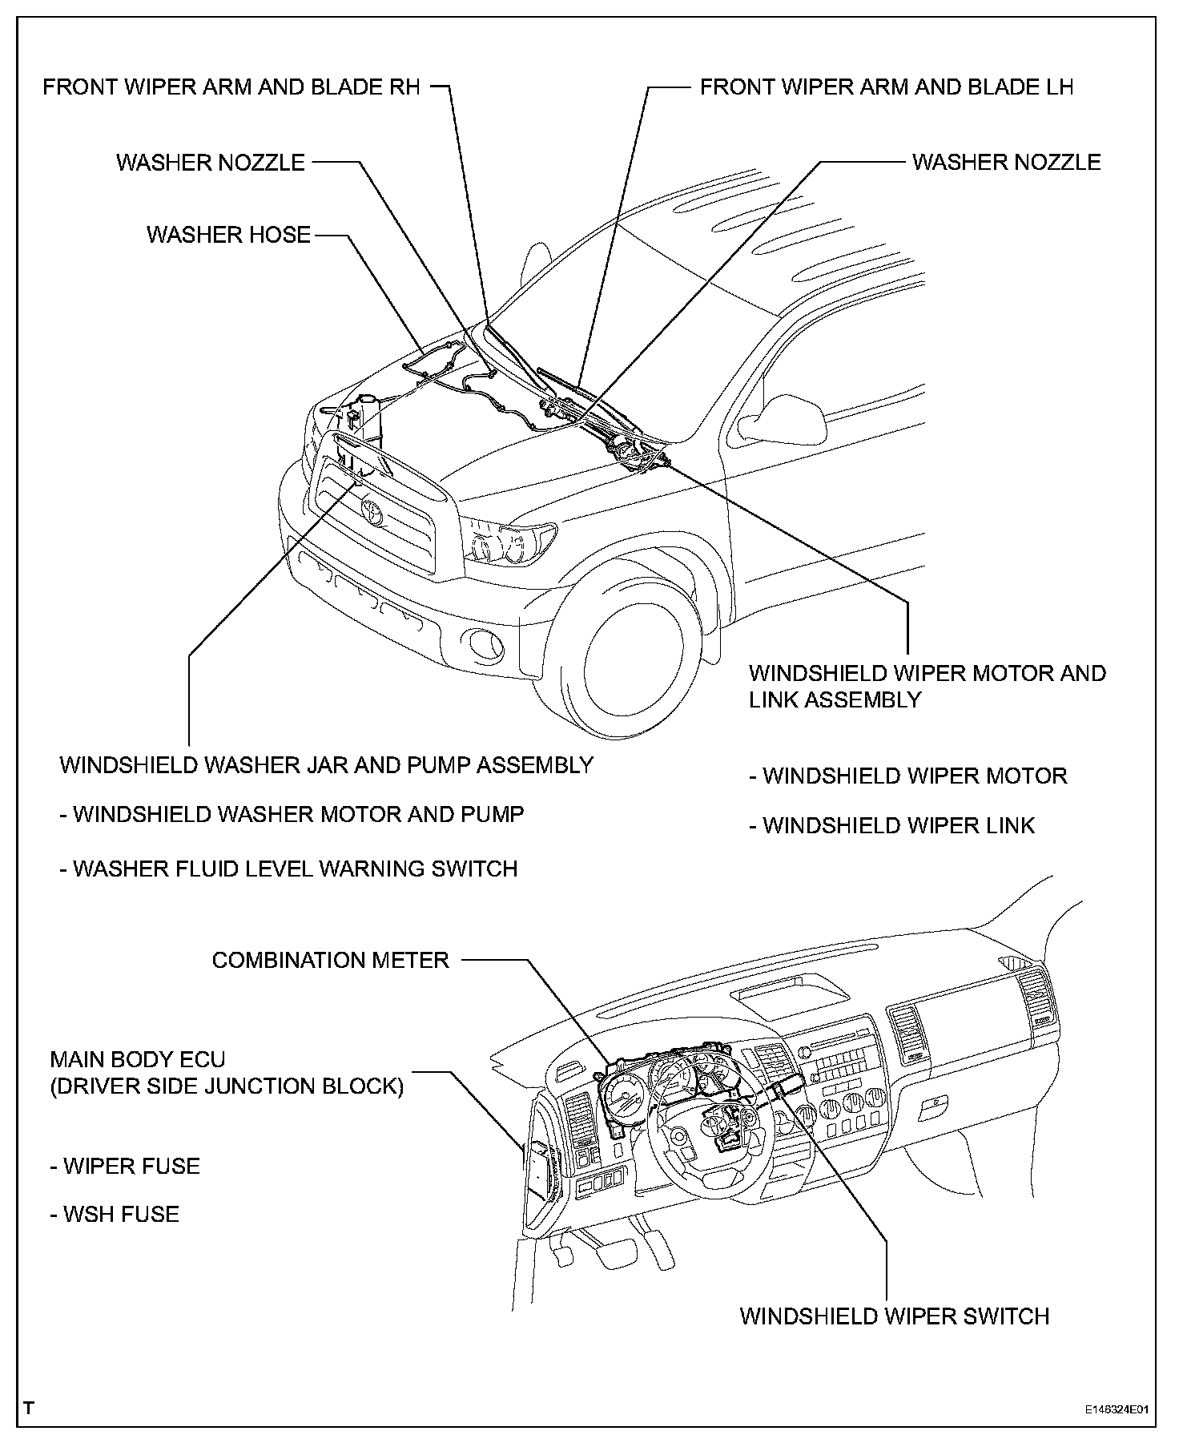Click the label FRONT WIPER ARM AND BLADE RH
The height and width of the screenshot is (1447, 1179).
click(231, 87)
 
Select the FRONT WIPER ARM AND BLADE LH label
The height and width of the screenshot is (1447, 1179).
click(887, 87)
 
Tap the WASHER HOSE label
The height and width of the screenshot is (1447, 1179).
click(228, 235)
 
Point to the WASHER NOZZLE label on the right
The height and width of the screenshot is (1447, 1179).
click(1006, 162)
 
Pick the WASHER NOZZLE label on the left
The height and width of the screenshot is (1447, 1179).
click(211, 163)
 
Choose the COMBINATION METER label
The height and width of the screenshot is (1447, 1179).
click(330, 960)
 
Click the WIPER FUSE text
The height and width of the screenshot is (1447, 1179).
click(126, 1166)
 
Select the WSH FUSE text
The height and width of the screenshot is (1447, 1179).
click(115, 1214)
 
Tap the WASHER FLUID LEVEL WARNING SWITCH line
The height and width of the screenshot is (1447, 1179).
click(289, 869)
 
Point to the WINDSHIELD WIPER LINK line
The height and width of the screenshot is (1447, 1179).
click(892, 825)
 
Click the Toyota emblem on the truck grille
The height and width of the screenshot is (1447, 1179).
click(372, 511)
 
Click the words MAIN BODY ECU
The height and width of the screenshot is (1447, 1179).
click(138, 1060)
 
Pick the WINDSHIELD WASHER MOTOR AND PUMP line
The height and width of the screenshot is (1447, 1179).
click(292, 815)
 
